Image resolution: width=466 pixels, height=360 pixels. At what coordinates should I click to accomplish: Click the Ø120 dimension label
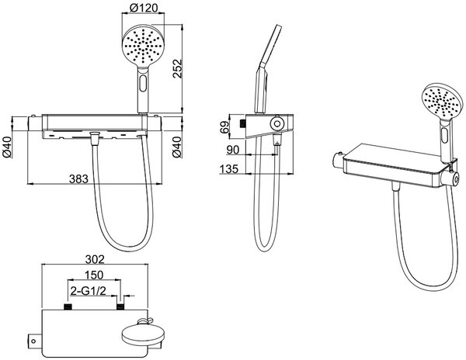point(144,8)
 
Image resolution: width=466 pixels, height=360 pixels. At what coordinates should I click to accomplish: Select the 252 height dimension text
point(177,68)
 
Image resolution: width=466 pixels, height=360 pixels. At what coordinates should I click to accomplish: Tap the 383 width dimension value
point(78,179)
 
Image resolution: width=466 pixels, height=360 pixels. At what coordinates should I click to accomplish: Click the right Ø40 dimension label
point(177,147)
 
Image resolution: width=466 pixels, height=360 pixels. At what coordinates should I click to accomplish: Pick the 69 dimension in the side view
point(225,126)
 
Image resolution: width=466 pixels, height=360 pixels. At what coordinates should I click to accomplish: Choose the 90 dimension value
point(233,150)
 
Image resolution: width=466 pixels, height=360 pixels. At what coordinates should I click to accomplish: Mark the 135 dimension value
point(229,169)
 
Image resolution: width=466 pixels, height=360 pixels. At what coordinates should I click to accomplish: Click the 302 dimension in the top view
point(95,259)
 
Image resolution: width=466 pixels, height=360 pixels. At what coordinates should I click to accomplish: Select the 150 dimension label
point(94,275)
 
